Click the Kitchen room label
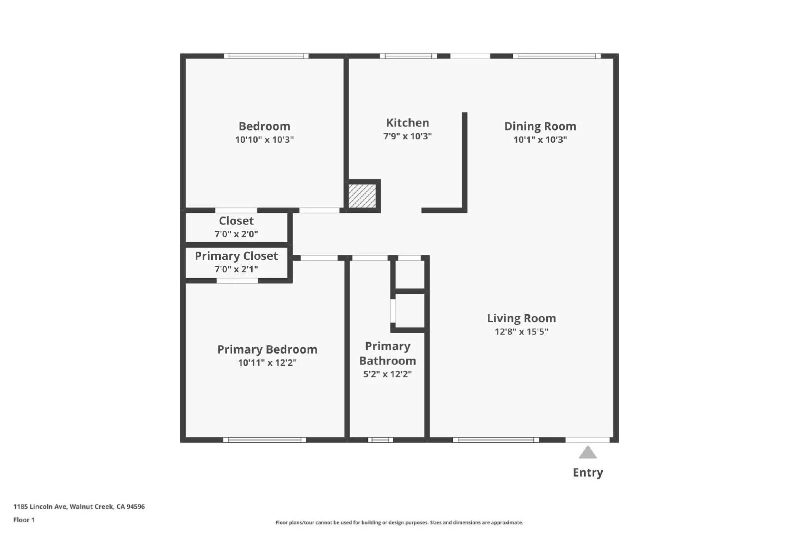click(407, 123)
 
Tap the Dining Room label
click(540, 126)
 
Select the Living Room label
click(521, 318)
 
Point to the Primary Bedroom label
click(267, 350)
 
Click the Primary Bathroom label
click(388, 353)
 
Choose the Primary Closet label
click(236, 256)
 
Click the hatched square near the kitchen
click(362, 196)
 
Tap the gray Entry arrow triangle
click(588, 453)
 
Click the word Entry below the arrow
click(588, 473)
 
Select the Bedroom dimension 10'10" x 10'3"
click(264, 140)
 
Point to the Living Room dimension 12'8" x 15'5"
click(521, 332)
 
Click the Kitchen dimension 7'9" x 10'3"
click(407, 136)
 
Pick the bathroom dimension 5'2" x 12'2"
click(388, 374)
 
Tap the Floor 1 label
click(24, 520)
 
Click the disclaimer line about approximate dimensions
click(399, 523)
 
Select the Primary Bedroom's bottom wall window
click(265, 440)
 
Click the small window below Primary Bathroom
click(381, 440)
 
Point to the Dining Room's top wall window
click(557, 56)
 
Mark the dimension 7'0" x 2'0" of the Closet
click(236, 234)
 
